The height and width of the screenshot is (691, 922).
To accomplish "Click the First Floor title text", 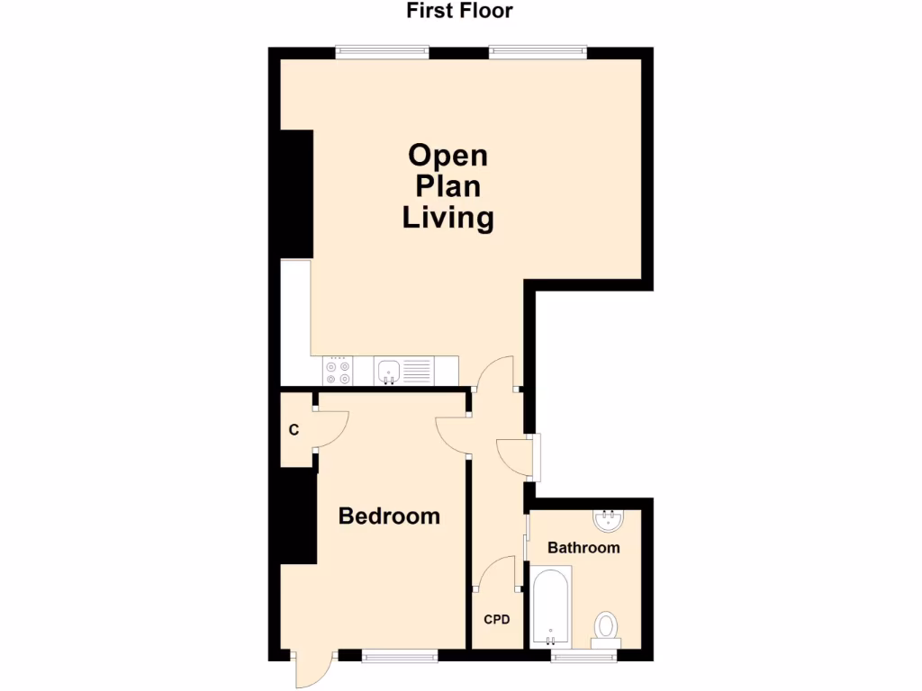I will click(x=459, y=12).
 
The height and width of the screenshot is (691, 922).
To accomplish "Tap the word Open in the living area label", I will click(x=447, y=155).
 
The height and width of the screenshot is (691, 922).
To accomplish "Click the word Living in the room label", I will click(x=447, y=218).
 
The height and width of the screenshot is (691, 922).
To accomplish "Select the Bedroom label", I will click(x=389, y=516).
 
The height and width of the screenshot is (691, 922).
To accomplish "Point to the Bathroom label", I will click(x=583, y=547).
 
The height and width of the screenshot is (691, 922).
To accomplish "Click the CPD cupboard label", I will click(x=497, y=619).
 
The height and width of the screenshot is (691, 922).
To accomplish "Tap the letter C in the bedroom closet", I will click(x=294, y=430).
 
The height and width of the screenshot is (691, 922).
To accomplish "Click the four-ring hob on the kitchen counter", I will click(x=338, y=371).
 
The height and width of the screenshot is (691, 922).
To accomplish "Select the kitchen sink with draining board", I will click(x=403, y=370).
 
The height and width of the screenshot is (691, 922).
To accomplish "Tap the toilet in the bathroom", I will click(x=606, y=627).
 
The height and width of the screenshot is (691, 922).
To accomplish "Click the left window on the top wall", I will click(x=382, y=52).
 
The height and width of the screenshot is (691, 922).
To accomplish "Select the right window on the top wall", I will click(x=538, y=52).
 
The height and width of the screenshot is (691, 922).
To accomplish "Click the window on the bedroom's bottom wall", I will click(x=399, y=656).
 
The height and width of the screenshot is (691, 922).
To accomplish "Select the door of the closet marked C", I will click(x=331, y=428).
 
